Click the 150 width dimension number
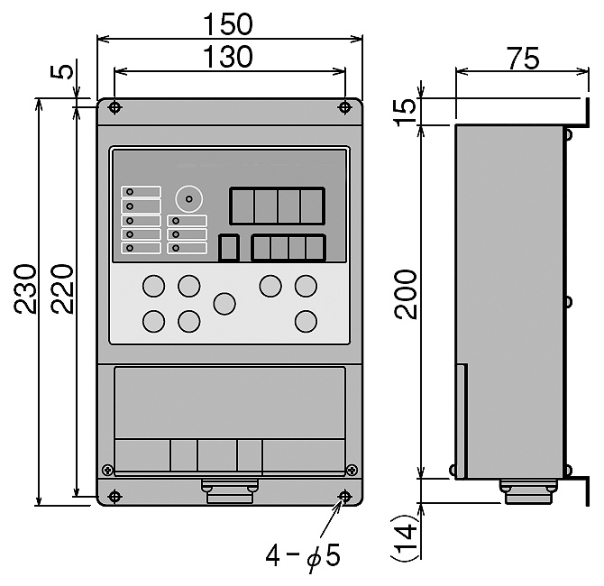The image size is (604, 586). (x=228, y=23)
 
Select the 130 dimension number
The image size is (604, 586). (x=228, y=57)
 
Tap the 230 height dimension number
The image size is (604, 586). (x=25, y=288)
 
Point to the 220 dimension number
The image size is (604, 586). (x=61, y=288)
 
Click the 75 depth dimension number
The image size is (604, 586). (x=524, y=59)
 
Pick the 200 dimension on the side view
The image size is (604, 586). (x=406, y=294)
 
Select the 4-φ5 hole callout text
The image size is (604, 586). (x=303, y=556)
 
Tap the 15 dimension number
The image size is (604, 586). (x=405, y=112)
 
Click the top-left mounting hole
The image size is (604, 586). (x=114, y=107)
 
